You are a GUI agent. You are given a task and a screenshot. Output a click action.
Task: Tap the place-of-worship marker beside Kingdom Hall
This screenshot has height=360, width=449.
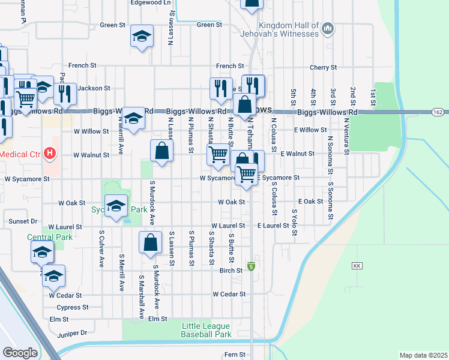coord(328,28)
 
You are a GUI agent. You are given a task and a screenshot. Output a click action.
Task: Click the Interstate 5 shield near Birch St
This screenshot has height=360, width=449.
coord(251,265)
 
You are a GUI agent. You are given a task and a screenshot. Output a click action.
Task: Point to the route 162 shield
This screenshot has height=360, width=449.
coord(438,112)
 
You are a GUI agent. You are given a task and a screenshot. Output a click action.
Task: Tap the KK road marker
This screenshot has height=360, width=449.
coord(357,265)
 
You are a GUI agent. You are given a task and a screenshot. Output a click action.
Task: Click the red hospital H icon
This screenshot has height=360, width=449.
coord(50,154)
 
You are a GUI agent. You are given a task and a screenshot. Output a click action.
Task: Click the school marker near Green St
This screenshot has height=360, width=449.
coord(142,37)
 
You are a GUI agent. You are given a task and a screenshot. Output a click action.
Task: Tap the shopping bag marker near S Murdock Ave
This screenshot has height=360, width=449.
coord(150,243)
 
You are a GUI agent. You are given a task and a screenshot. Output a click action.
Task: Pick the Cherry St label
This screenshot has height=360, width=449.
coord(321,68)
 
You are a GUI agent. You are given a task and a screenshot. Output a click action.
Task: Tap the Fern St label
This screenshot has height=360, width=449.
coord(235,355)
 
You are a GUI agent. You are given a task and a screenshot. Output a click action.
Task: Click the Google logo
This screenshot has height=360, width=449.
coord(20,353)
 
